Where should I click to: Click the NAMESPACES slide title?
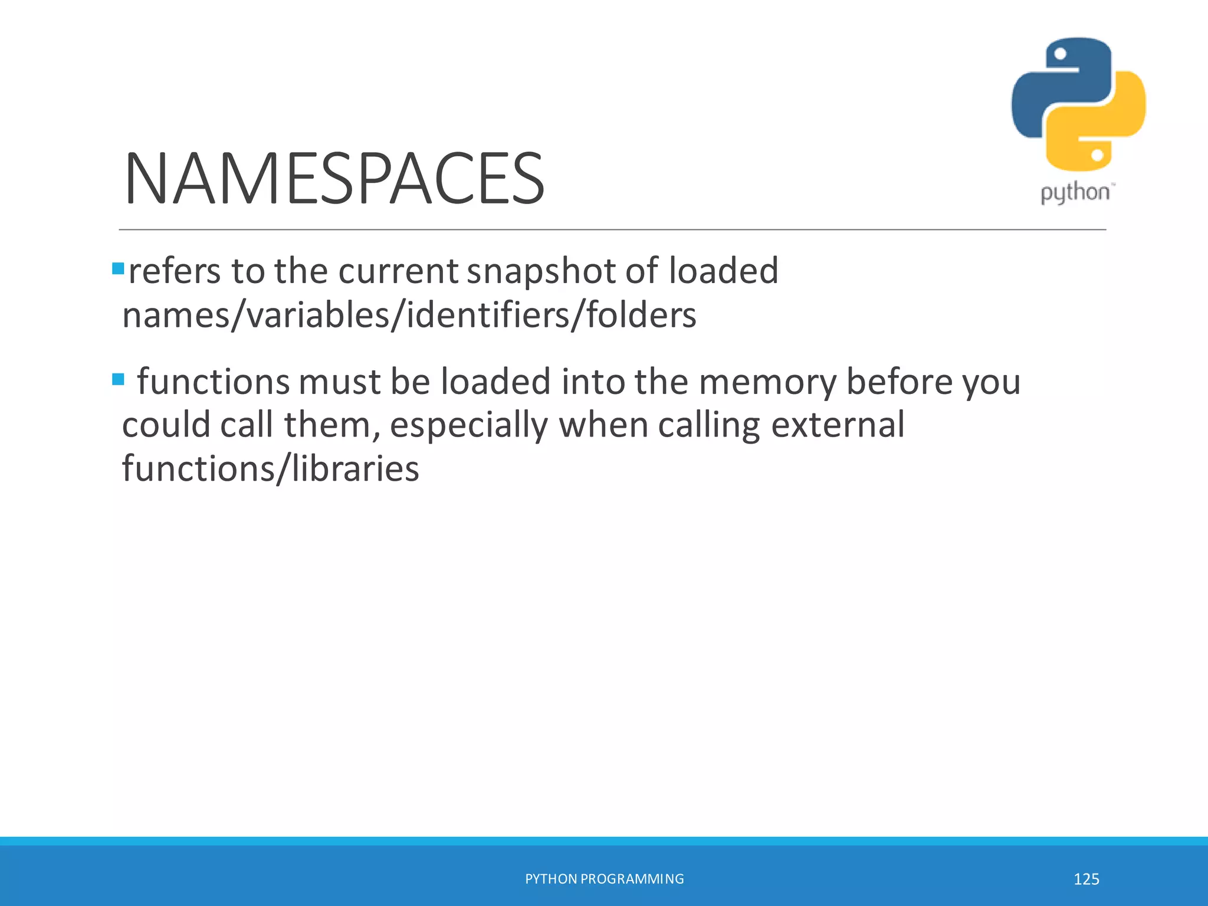[x=334, y=179]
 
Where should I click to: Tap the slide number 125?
[x=1086, y=879]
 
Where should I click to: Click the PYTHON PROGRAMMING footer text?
[x=604, y=879]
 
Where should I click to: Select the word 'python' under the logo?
[x=1075, y=193]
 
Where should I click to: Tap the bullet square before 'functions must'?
[x=118, y=379]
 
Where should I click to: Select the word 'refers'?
[x=175, y=271]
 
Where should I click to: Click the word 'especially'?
[x=469, y=426]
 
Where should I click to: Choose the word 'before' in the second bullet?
[x=900, y=382]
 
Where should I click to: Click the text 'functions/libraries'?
[x=270, y=469]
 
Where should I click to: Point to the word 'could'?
[x=166, y=425]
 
